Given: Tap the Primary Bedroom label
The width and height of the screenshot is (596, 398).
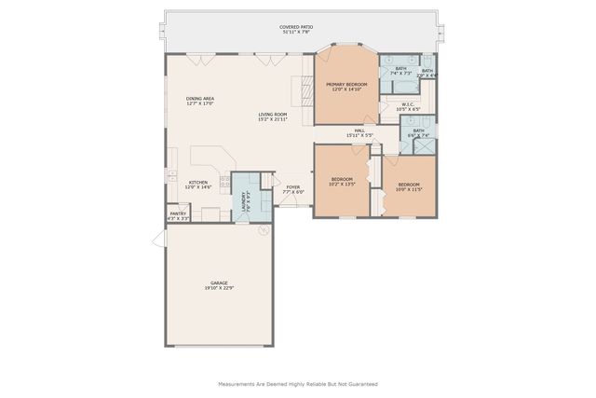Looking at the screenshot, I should click(x=346, y=87).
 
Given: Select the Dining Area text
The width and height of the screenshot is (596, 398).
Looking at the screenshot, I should click(x=200, y=101).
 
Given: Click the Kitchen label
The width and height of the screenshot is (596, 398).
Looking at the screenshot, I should click(x=198, y=185).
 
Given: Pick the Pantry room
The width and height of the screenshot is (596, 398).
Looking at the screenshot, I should click(x=177, y=216).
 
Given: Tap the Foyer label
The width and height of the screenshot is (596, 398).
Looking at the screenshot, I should click(x=293, y=189).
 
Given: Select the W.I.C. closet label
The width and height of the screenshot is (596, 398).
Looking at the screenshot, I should click(x=408, y=106).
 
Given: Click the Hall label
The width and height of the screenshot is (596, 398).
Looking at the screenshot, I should click(x=359, y=132).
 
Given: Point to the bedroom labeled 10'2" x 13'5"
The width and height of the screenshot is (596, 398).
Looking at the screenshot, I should click(x=342, y=181).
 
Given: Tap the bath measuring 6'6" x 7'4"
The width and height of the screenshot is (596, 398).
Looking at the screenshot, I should click(x=418, y=132).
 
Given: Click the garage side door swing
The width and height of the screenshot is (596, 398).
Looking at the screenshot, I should click(x=158, y=240).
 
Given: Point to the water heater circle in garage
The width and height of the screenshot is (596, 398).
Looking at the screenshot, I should click(x=264, y=228).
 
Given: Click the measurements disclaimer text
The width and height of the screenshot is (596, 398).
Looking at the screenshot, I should click(x=297, y=384).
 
